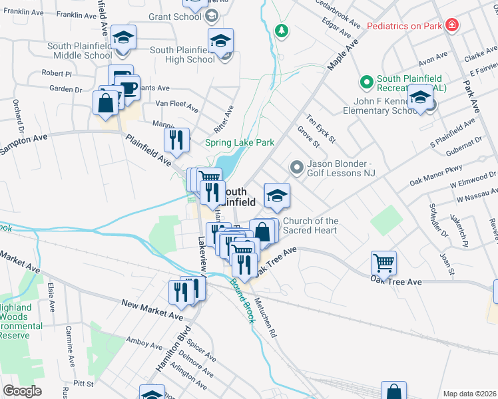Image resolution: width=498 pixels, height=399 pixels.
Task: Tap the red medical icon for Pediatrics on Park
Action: point(452,25)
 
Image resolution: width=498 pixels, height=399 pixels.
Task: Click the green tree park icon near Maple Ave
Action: point(282,31)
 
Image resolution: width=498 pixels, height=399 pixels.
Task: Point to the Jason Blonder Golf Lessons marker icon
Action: point(297,166)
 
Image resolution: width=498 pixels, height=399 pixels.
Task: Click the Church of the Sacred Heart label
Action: point(310,225)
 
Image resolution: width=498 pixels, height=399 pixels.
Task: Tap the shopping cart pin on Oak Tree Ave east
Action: point(384,262)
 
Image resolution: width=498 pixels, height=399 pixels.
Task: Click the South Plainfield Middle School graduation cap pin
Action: point(123,37)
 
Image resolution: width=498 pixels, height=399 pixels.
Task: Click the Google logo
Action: point(22,391)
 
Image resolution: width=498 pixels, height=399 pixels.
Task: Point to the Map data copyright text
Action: point(469,394)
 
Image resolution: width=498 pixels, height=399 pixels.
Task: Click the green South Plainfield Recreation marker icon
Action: point(365,82)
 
